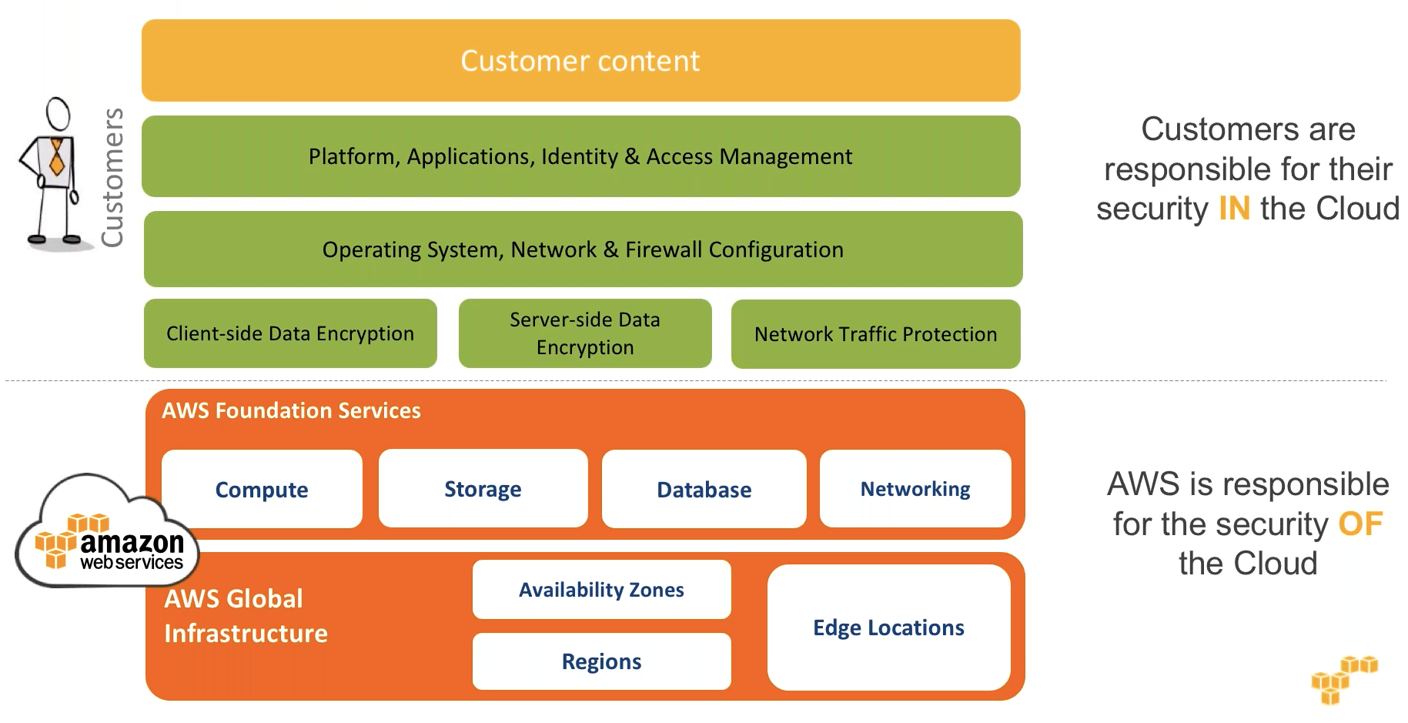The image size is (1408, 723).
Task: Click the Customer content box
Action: tap(580, 61)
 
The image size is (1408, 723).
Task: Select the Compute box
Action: tap(262, 490)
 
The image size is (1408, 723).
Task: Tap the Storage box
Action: tap(483, 489)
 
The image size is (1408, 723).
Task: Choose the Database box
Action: tap(704, 490)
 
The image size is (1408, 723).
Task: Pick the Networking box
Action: tap(915, 489)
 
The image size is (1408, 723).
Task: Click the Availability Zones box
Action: tap(601, 590)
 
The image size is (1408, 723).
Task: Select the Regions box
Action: tap(601, 661)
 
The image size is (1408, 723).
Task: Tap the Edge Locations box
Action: tap(888, 628)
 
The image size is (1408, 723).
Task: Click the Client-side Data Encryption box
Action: tap(290, 333)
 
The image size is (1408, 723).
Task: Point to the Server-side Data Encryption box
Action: tap(585, 333)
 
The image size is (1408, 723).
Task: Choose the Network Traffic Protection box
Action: tap(875, 334)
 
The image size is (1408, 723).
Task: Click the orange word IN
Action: tap(1234, 209)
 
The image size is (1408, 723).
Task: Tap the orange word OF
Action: tap(1360, 524)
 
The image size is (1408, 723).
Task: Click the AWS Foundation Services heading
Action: tap(291, 410)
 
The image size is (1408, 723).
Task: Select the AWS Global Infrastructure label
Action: tap(245, 616)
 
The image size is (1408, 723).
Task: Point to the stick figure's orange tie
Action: tap(56, 159)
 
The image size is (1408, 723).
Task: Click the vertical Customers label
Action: tap(113, 178)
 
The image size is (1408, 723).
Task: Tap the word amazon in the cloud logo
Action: tap(132, 543)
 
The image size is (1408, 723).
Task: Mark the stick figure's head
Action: tap(59, 113)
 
